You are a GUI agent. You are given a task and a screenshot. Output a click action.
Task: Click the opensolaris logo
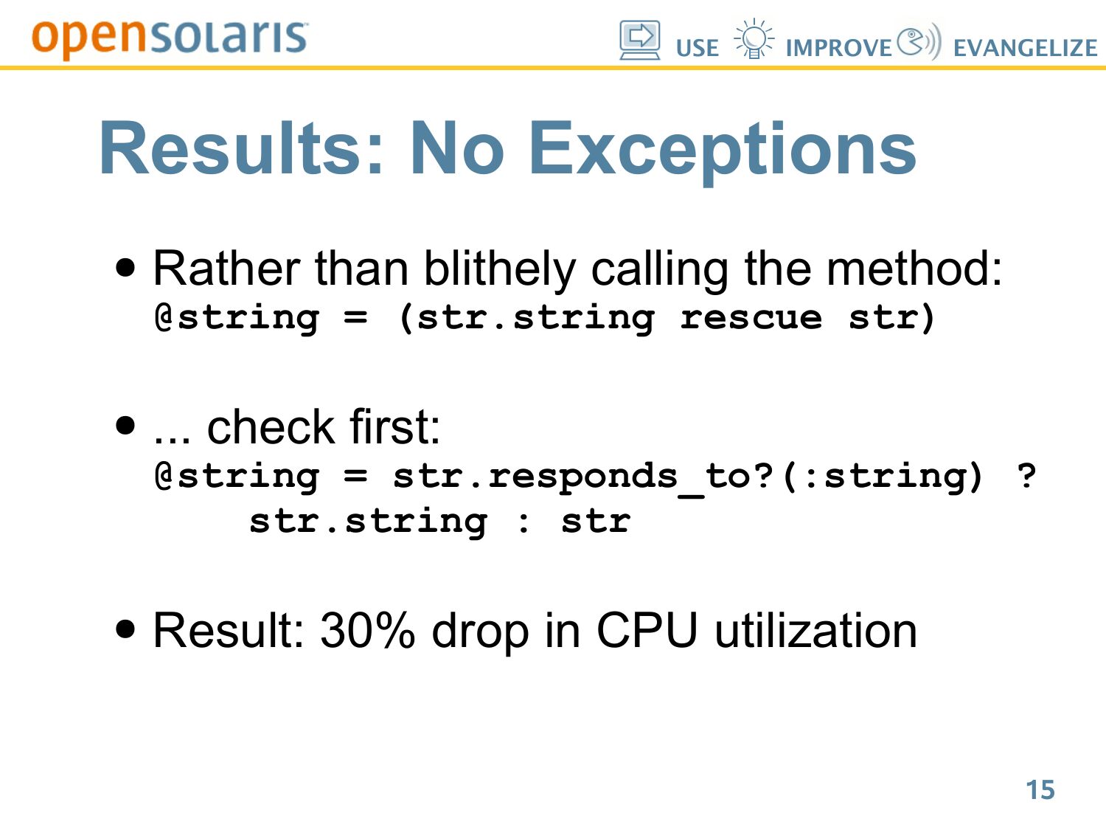pyautogui.click(x=170, y=38)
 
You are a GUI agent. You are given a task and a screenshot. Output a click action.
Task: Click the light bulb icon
pyautogui.click(x=754, y=38)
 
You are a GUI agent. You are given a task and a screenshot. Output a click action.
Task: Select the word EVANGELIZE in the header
pyautogui.click(x=1026, y=48)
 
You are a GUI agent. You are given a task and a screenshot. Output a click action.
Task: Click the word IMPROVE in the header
pyautogui.click(x=839, y=48)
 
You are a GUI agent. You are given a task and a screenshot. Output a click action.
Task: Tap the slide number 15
pyautogui.click(x=1040, y=789)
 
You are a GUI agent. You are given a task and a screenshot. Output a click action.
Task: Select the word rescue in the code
pyautogui.click(x=751, y=318)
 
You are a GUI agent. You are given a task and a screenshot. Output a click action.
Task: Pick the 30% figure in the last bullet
pyautogui.click(x=366, y=631)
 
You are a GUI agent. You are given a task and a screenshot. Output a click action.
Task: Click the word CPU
pyautogui.click(x=647, y=630)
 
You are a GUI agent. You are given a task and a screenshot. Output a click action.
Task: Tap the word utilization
pyautogui.click(x=815, y=630)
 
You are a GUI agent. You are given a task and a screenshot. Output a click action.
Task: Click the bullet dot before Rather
pyautogui.click(x=125, y=268)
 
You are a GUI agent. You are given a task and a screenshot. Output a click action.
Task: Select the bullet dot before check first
pyautogui.click(x=125, y=426)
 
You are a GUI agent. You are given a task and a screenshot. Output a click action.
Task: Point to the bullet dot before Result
pyautogui.click(x=125, y=629)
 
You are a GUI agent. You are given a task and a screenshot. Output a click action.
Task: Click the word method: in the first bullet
pyautogui.click(x=914, y=269)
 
